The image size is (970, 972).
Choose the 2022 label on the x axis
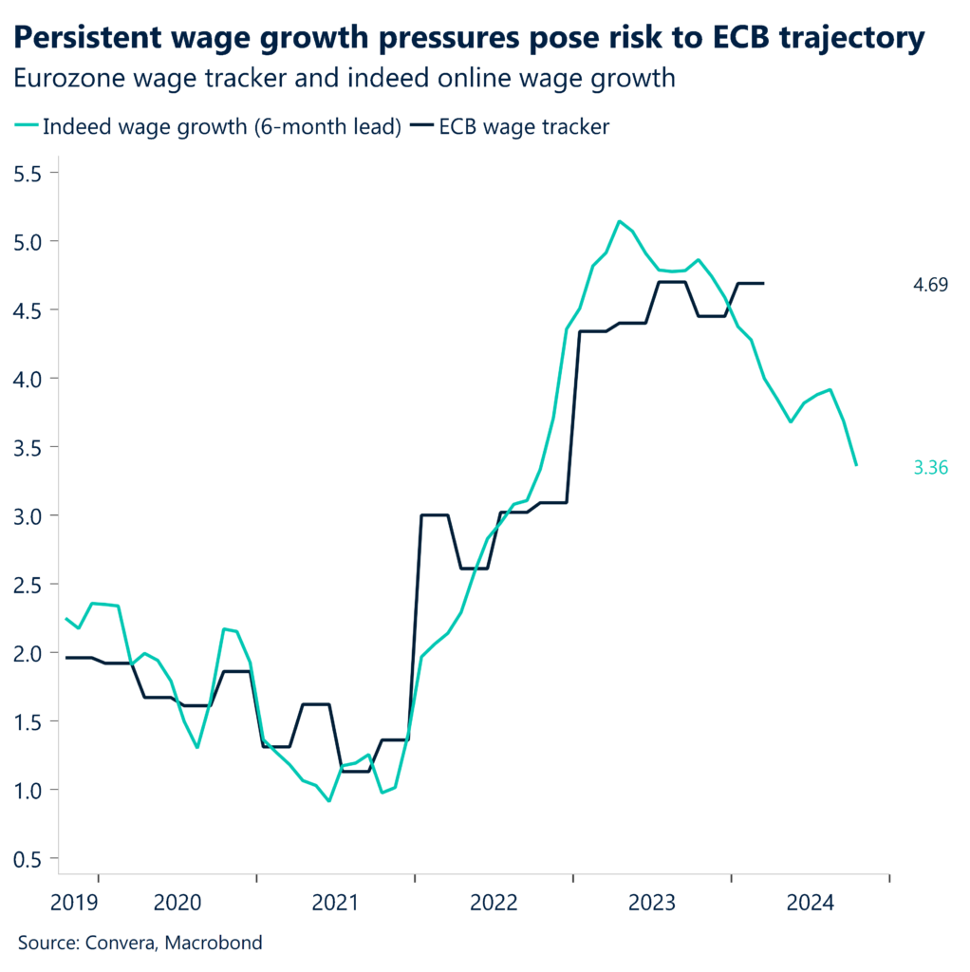point(494,901)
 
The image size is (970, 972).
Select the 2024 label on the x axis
point(810,901)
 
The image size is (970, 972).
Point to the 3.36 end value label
point(930,466)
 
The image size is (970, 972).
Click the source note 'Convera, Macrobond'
point(140,943)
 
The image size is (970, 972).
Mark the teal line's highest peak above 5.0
point(619,221)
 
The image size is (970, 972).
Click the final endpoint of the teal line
point(856,464)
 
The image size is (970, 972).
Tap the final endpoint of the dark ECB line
point(764,283)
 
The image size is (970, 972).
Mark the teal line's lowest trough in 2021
point(328,801)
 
